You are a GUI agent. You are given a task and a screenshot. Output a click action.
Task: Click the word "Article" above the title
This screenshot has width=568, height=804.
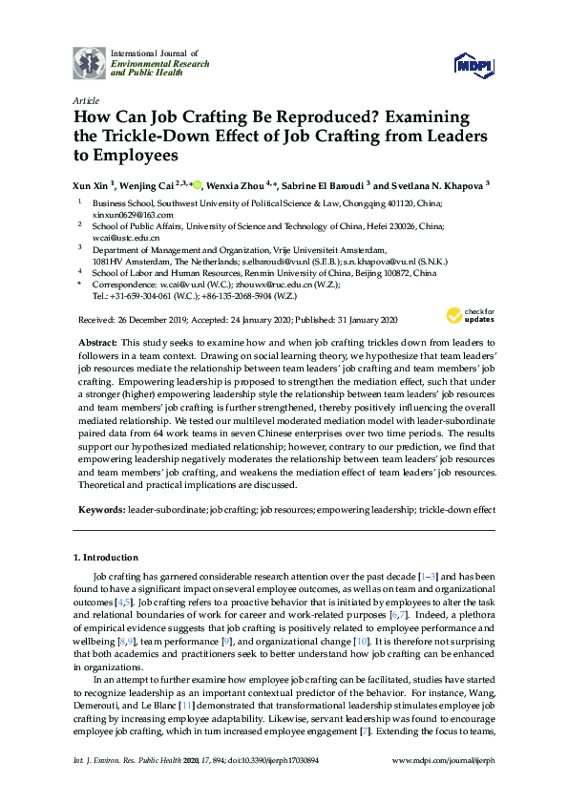click(x=86, y=100)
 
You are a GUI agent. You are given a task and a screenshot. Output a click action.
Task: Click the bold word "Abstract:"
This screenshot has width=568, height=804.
click(x=97, y=342)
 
